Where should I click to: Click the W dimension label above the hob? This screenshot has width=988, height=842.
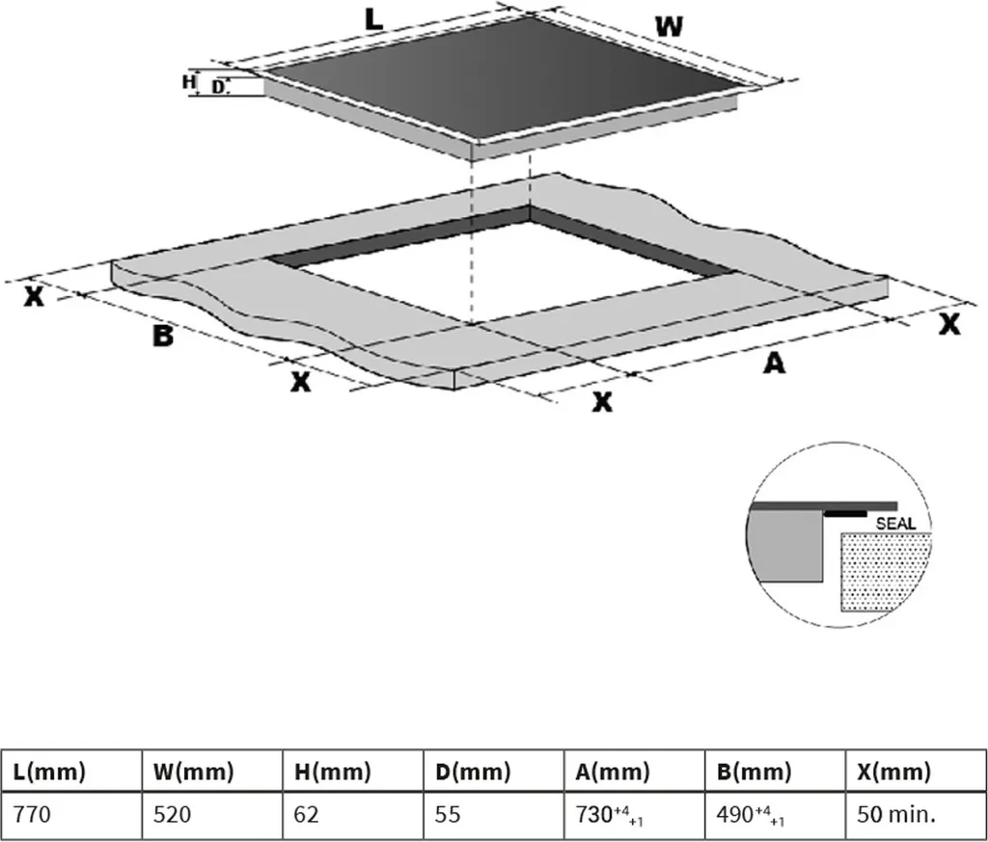point(669,26)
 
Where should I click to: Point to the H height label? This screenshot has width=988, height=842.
point(188,82)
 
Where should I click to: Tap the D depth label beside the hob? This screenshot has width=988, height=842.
point(217,88)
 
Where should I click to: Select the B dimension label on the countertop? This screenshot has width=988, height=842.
point(162,336)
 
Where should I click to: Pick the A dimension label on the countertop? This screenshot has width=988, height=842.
point(774,363)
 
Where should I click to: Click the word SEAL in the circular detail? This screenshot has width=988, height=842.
point(895,524)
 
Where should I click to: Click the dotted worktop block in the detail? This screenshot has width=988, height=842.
point(886,572)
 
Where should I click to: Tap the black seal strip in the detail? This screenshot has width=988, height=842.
point(845,514)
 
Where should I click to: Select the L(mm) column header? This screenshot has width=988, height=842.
point(48,771)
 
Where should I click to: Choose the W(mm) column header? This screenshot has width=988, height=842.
point(193,771)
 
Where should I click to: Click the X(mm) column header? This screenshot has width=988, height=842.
point(893,771)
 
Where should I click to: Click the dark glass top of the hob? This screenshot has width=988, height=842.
point(504,75)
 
